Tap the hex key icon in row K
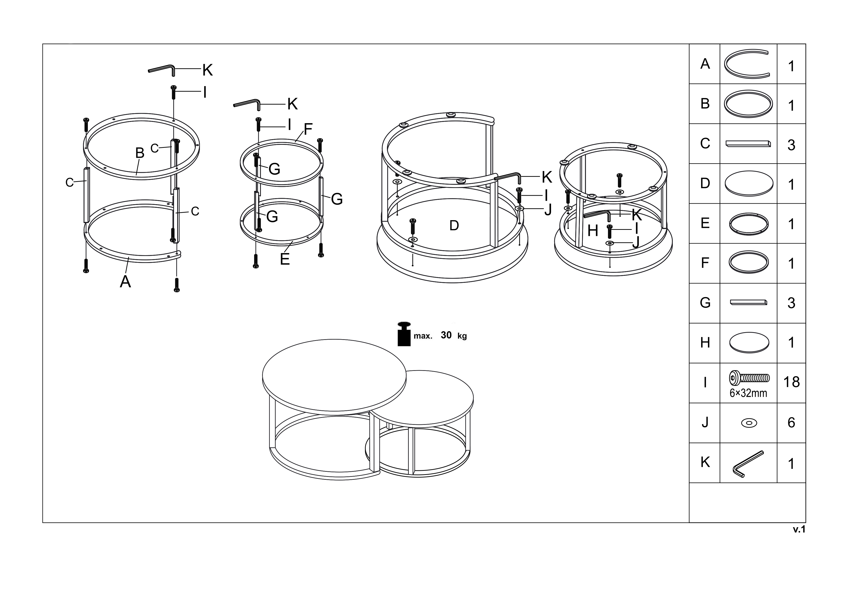748,464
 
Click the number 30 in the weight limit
446,335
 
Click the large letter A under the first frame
125,282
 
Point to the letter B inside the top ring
140,153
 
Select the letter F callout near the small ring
308,129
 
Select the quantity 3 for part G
791,303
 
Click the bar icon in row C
748,143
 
